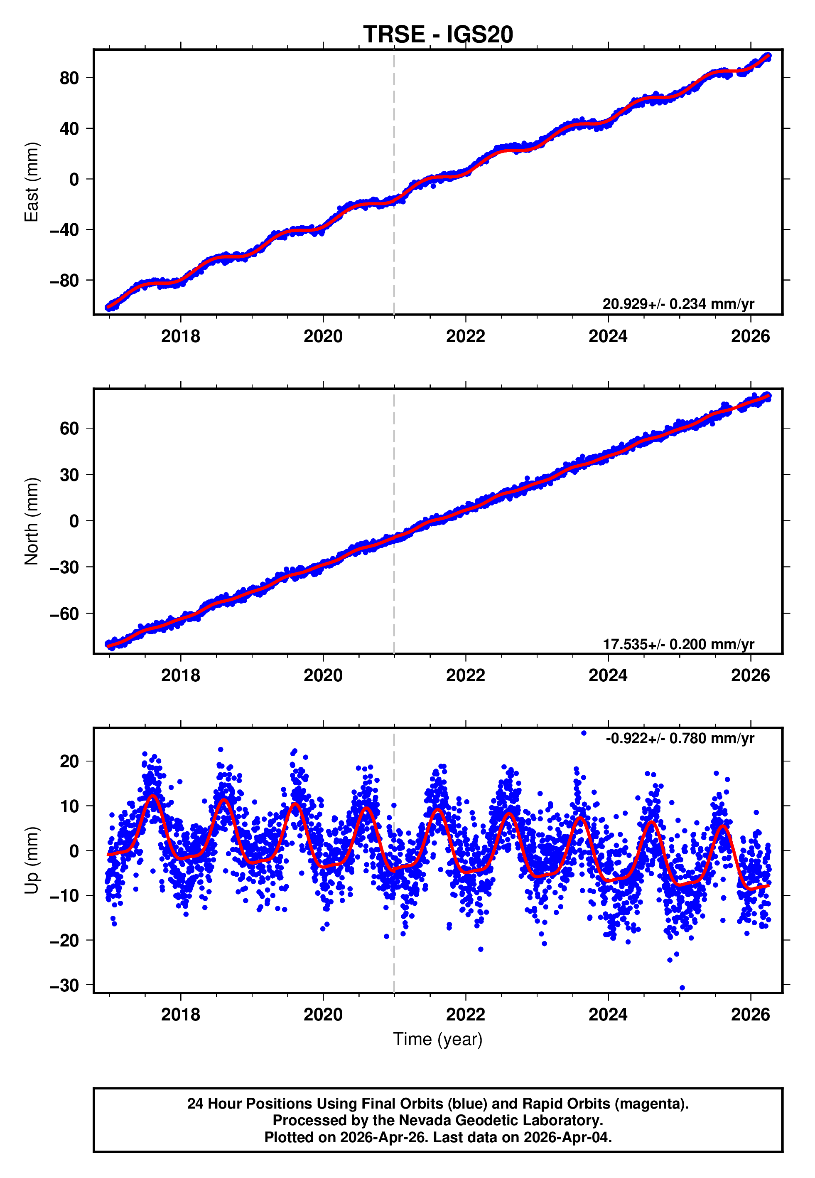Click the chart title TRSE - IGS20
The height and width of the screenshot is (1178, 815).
click(438, 35)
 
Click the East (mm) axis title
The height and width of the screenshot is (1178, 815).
click(32, 182)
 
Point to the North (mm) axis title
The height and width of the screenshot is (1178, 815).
click(32, 521)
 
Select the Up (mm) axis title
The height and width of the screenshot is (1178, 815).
click(32, 860)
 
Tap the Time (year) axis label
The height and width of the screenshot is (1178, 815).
click(438, 1039)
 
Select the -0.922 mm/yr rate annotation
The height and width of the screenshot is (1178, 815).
click(680, 738)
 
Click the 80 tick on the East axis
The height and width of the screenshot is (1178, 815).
click(69, 78)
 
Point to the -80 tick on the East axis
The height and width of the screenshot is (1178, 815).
click(64, 281)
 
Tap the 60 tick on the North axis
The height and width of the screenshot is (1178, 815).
click(69, 428)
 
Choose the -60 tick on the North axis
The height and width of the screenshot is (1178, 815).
click(64, 614)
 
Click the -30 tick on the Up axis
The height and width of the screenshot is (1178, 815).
click(64, 986)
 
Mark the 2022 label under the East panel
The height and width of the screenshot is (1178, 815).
click(465, 337)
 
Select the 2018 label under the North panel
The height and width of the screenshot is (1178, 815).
click(180, 675)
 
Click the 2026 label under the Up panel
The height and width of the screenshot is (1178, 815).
click(750, 1015)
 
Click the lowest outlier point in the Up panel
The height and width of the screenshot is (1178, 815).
click(682, 988)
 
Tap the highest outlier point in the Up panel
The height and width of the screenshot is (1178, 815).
click(584, 733)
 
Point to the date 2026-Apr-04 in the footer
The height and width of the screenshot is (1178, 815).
click(567, 1137)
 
